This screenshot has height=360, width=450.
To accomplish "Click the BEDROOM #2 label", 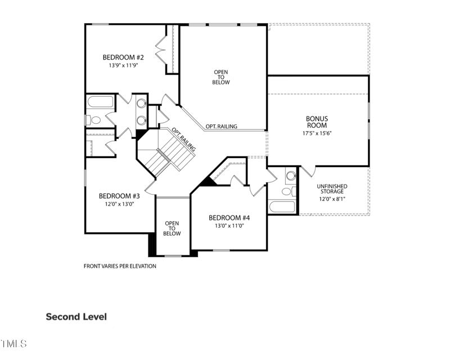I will point(123,57).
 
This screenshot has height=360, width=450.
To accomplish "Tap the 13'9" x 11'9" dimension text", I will point(123,65).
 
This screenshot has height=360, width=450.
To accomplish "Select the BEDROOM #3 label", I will point(119,196).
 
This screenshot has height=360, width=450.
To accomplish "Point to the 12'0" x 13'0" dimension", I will point(119,204).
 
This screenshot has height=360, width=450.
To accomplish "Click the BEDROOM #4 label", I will point(229,218).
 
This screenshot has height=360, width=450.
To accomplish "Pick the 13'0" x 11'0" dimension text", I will point(229,226).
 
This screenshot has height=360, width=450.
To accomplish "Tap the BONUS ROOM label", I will point(317,121).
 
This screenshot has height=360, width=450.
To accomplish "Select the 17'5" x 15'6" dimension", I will point(317,133).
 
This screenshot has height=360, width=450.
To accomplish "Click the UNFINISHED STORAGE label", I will point(332,189).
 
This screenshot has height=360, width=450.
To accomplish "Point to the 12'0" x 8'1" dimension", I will point(332,199).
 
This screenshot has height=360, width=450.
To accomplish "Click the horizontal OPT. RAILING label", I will point(221,127).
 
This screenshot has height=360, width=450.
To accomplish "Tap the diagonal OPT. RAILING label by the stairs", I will point(184,139).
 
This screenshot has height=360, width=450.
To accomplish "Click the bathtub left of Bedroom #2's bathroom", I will point(100,103).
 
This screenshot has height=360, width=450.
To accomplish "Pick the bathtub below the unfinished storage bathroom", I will point(282,206).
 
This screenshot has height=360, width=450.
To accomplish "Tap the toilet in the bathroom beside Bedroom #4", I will point(286,192).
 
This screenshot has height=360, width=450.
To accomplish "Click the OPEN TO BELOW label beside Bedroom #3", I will point(172,228).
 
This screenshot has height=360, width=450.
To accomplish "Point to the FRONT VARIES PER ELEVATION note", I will point(120,266).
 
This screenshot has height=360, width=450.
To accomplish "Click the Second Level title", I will point(76,317).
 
